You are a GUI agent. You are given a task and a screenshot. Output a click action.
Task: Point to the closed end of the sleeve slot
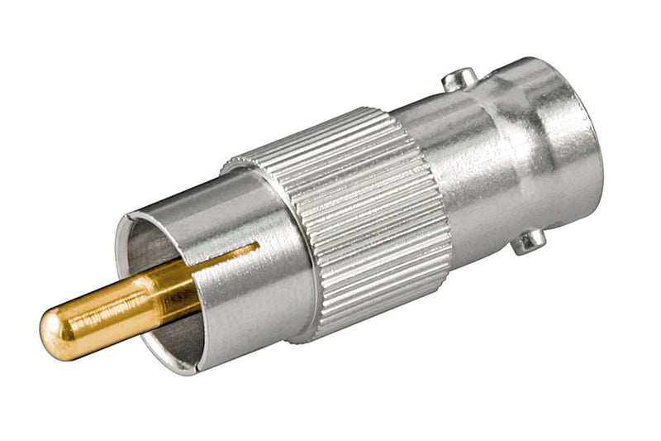(x=257, y=245)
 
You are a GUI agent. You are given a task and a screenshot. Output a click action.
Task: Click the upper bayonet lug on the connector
(x=459, y=79)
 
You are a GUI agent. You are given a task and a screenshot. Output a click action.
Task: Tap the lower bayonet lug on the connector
(x=529, y=241)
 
